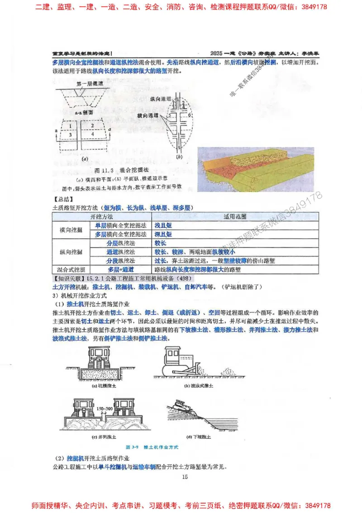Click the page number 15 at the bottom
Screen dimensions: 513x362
click(184, 477)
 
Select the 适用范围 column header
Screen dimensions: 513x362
click(235, 217)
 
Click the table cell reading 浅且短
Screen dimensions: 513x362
click(163, 225)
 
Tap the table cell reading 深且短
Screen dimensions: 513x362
click(163, 234)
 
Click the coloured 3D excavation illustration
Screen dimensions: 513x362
click(256, 169)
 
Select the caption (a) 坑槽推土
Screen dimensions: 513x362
click(104, 386)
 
